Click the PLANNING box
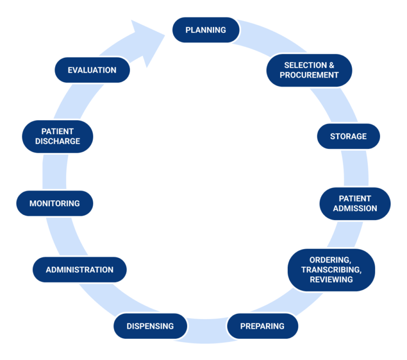click(x=206, y=30)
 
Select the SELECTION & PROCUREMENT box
click(x=309, y=70)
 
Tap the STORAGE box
click(x=348, y=136)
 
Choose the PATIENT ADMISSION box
click(x=355, y=204)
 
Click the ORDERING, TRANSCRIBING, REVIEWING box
click(x=331, y=269)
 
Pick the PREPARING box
click(x=262, y=326)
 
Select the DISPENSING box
click(x=151, y=326)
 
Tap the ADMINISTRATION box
click(x=79, y=269)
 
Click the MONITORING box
click(x=55, y=203)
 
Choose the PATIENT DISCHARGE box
click(x=58, y=136)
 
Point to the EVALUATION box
click(x=92, y=70)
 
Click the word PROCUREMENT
click(x=309, y=75)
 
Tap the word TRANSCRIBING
click(x=331, y=269)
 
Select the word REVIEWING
click(x=331, y=279)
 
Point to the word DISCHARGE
click(x=58, y=142)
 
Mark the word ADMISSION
click(x=355, y=209)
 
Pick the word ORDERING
click(x=329, y=260)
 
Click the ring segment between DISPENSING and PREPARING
click(x=207, y=329)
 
